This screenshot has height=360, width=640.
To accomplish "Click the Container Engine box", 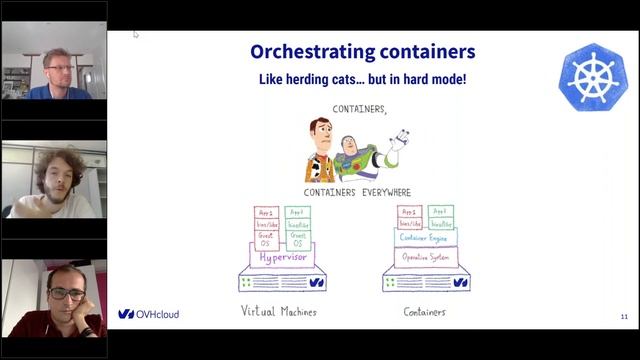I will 422,238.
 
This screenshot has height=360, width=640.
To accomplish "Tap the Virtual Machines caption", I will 279,312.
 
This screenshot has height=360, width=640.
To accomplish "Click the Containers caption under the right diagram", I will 424,312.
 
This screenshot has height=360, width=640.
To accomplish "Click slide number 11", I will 624,317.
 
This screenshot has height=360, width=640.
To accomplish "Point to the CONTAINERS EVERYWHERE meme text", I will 357,192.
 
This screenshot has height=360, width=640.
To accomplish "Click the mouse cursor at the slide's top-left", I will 135,33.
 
